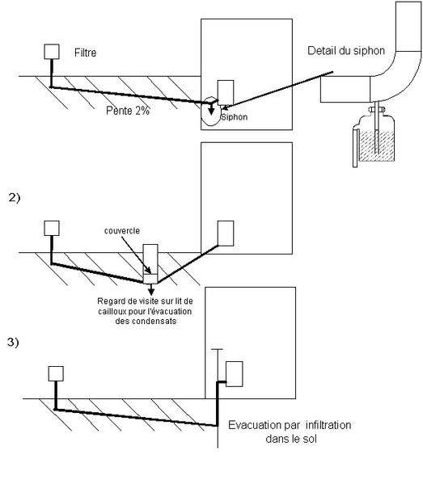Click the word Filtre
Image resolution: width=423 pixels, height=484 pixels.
pos(85,53)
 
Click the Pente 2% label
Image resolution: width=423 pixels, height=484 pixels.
pos(128,111)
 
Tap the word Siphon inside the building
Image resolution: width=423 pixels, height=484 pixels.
pos(235,117)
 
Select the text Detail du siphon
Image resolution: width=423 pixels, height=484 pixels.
pos(346,51)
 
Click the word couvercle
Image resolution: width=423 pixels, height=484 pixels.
pos(122,230)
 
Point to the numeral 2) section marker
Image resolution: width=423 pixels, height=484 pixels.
pos(15,197)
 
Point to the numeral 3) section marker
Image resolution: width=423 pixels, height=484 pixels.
pos(13,343)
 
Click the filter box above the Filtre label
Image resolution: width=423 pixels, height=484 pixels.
pos(52,52)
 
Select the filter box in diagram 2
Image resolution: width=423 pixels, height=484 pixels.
pos(52,228)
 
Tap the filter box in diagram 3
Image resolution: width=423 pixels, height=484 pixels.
pos(56,374)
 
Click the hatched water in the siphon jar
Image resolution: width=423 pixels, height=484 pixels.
pos(377,145)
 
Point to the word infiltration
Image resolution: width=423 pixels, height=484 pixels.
pos(328,425)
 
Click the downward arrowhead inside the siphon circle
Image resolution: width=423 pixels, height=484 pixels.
pos(211,112)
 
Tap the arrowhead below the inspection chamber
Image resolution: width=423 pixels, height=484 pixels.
pos(151,292)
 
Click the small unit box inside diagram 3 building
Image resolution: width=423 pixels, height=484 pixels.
pos(235,374)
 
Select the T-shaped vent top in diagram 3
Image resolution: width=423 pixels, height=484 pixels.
pos(217,349)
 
